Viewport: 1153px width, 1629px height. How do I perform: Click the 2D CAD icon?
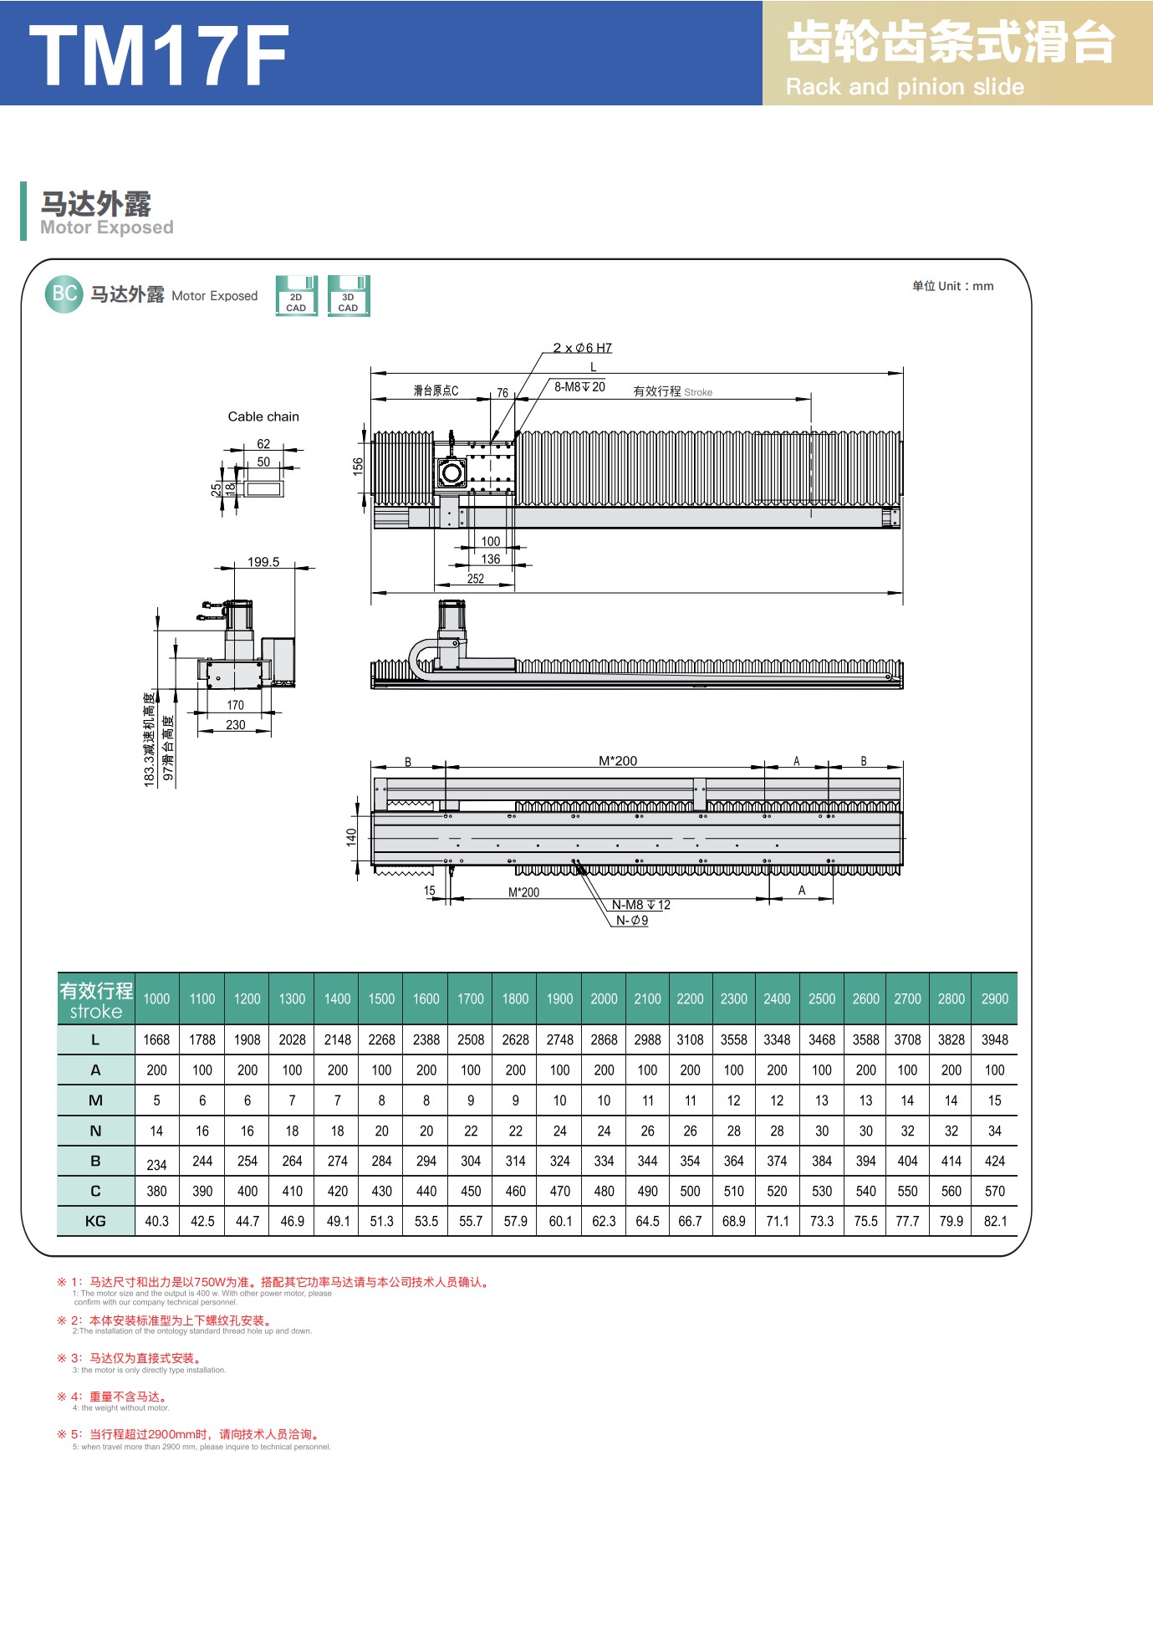coord(296,296)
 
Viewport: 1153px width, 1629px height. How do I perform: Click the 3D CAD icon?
coord(348,296)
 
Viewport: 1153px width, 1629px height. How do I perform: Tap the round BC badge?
coord(64,294)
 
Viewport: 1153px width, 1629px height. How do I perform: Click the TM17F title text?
coord(159,55)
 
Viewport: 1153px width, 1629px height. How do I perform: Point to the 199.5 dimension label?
coord(263,562)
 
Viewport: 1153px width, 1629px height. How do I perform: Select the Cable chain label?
coord(263,416)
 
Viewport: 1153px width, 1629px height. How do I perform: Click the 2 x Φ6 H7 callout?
coord(582,348)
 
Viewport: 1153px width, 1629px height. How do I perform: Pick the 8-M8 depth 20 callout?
coord(579,387)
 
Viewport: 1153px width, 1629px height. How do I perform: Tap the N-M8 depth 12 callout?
coord(640,905)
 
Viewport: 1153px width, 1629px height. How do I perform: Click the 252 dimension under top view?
coord(476,579)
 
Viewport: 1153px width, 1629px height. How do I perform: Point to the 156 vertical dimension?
coord(359,467)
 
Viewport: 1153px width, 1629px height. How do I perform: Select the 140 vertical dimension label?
coord(351,837)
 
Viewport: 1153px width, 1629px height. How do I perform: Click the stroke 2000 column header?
coord(604,998)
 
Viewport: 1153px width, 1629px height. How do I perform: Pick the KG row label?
coord(95,1221)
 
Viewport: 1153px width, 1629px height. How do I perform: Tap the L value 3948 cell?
coord(995,1039)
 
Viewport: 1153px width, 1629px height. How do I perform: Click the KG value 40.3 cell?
coord(156,1221)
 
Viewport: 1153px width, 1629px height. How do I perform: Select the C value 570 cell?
coord(995,1191)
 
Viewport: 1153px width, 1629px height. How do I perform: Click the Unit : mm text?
coord(953,286)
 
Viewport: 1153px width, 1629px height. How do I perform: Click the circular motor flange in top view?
coord(452,472)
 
